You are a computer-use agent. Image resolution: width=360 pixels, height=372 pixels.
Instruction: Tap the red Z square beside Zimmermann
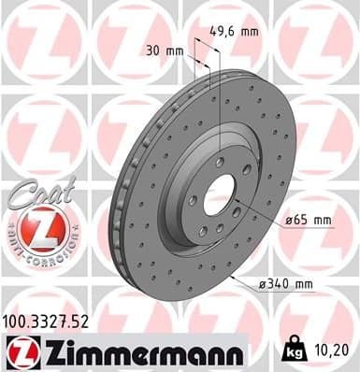[x=18, y=351]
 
